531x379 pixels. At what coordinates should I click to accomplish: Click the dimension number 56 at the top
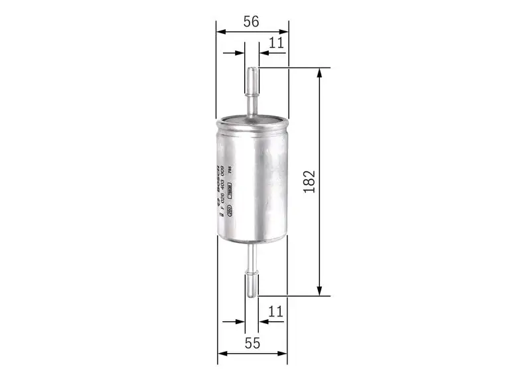[x=250, y=21]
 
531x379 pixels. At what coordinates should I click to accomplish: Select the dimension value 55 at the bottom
[x=251, y=343]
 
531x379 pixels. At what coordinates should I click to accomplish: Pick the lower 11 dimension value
[x=276, y=311]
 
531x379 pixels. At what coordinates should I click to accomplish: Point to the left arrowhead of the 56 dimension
[x=220, y=31]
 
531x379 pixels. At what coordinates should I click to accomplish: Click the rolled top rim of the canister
[x=252, y=119]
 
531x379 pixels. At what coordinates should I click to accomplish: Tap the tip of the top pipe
[x=252, y=69]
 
